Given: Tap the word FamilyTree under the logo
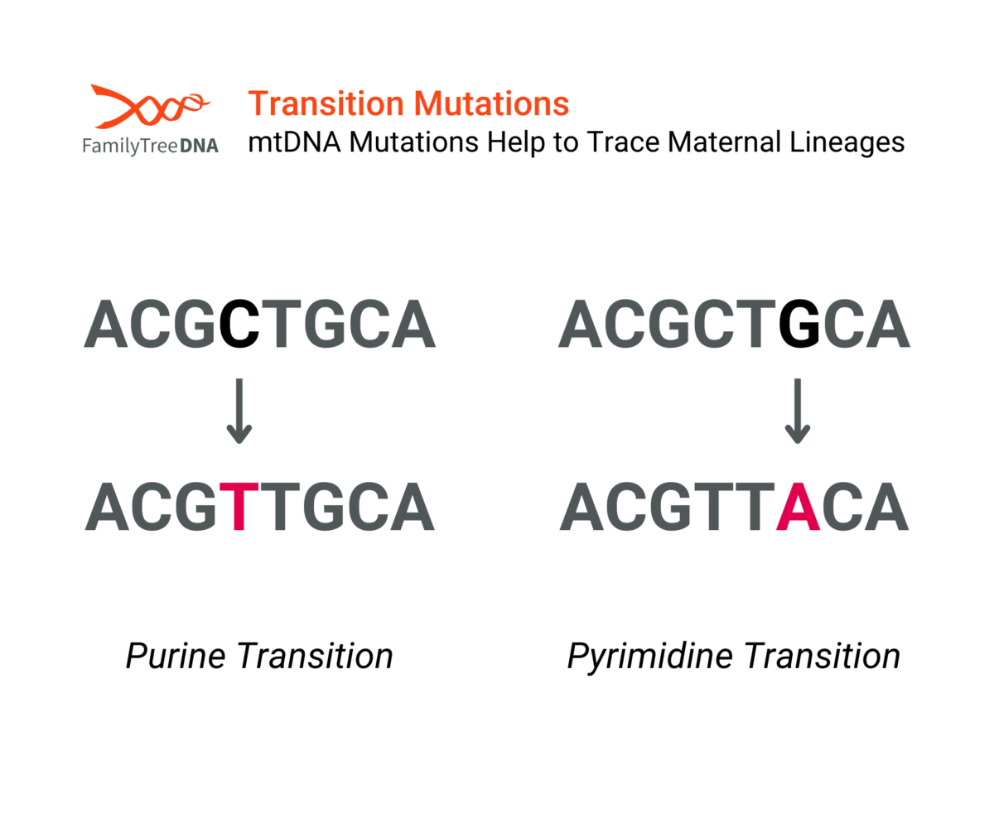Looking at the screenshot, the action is pyautogui.click(x=130, y=146).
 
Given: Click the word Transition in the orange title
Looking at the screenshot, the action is pyautogui.click(x=326, y=104).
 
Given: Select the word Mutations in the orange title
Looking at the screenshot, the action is pyautogui.click(x=491, y=104).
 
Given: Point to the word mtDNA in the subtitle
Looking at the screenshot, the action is pyautogui.click(x=295, y=142).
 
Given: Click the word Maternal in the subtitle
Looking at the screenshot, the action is pyautogui.click(x=724, y=142).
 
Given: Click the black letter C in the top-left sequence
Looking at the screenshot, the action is pyautogui.click(x=239, y=324).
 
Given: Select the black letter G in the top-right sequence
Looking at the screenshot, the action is pyautogui.click(x=799, y=324).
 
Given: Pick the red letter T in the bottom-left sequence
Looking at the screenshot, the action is pyautogui.click(x=239, y=506).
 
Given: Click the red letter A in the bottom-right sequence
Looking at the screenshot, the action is pyautogui.click(x=799, y=506).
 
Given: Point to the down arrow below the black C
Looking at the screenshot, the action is pyautogui.click(x=239, y=411).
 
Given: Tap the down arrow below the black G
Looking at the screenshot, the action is pyautogui.click(x=798, y=411).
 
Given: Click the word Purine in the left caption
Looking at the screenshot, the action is pyautogui.click(x=175, y=657).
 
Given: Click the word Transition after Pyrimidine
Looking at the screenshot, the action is pyautogui.click(x=823, y=657).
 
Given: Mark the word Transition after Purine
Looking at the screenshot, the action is pyautogui.click(x=315, y=657).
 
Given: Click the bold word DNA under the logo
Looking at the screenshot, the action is pyautogui.click(x=200, y=146).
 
